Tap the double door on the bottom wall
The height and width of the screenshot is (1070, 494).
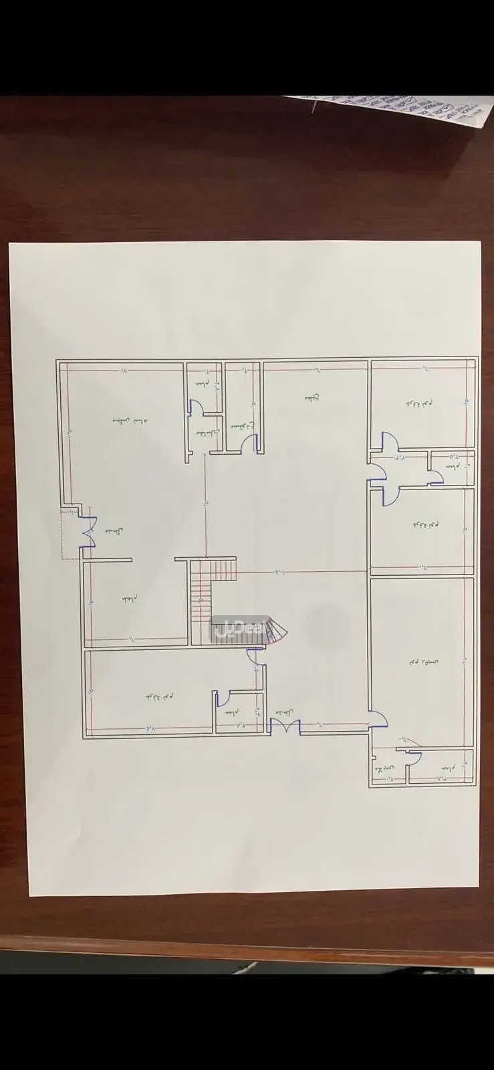tap(285, 727)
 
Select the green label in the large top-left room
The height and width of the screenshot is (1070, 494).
tap(131, 421)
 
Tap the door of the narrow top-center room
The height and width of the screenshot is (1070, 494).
tap(248, 444)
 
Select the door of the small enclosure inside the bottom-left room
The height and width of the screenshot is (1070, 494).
tap(223, 698)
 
